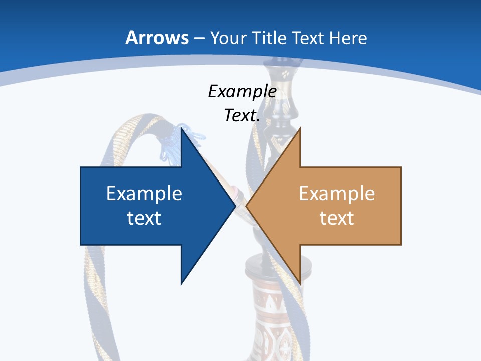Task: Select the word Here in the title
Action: point(348,38)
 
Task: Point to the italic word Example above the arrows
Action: point(242,91)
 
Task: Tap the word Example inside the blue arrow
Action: point(144,193)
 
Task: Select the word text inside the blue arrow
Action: point(144,218)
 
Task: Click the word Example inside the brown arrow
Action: point(337,193)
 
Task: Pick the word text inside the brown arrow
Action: point(337,218)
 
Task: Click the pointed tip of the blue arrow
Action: point(235,206)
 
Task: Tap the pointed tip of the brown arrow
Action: point(246,206)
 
